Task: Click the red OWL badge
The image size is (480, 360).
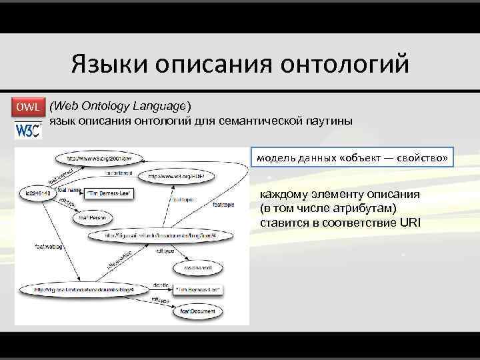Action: [29, 107]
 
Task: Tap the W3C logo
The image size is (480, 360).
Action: [29, 128]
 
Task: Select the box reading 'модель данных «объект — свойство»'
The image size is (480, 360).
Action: [352, 157]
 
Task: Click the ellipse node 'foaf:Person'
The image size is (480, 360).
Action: [93, 217]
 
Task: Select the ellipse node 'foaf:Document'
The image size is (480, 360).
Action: [197, 311]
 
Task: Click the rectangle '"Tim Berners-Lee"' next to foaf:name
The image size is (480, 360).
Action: [109, 193]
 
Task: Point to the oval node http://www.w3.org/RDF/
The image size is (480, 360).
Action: [175, 177]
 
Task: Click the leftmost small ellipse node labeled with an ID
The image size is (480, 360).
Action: [33, 193]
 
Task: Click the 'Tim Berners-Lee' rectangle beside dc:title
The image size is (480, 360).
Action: [199, 290]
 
